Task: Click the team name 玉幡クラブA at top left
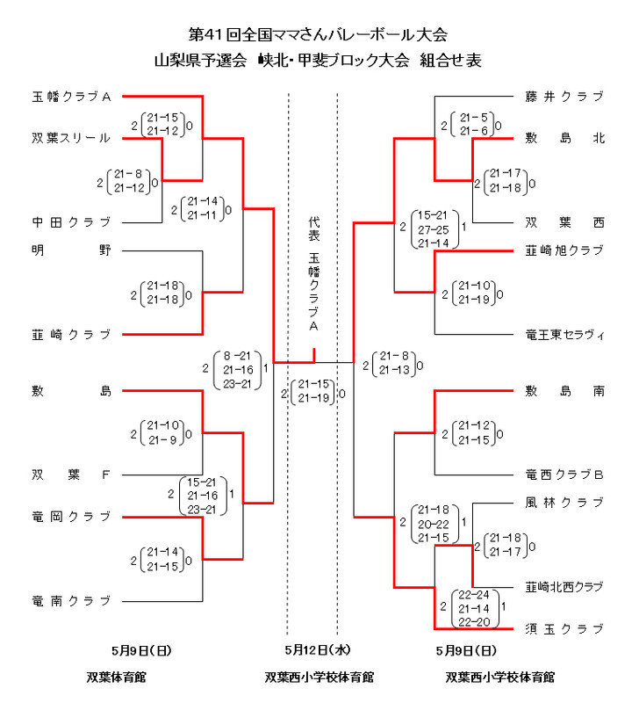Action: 71,97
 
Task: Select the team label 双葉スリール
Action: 71,138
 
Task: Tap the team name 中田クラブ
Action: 71,221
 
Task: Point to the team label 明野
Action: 71,250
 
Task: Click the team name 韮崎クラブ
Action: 71,334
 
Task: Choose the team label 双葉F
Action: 71,475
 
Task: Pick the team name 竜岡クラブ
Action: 71,516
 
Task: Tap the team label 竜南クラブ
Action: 71,601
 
